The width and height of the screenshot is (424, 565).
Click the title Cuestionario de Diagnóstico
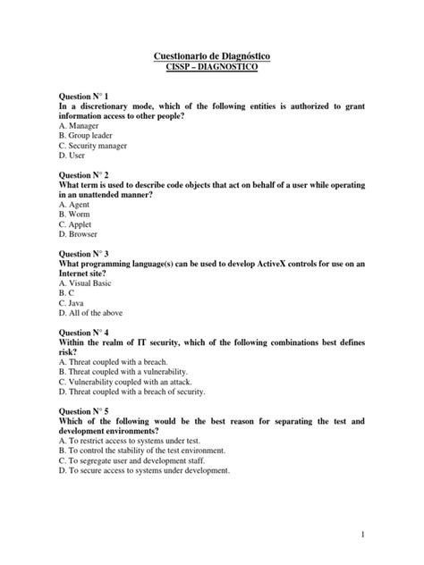(212, 57)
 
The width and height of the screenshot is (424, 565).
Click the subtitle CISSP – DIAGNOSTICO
(212, 69)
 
